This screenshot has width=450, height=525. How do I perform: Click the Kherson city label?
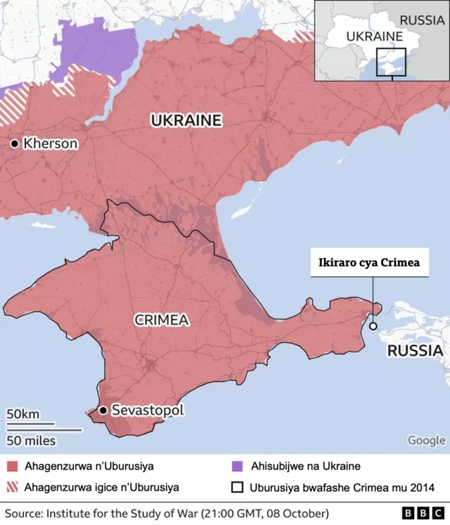pos(50,143)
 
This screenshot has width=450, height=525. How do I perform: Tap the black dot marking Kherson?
pos(14,143)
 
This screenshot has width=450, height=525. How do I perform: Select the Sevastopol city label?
pos(148,410)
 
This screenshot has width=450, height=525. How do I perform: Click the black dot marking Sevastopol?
pos(103,410)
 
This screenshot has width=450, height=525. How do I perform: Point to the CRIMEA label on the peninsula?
pos(162,320)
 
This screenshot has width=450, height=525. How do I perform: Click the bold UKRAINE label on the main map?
pos(186,120)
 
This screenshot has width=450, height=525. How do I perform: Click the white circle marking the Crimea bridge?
pos(373,326)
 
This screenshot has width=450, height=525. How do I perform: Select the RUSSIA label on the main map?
pos(416,350)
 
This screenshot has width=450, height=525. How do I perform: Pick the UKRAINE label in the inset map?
pos(374,37)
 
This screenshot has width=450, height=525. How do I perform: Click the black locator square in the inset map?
pos(391,61)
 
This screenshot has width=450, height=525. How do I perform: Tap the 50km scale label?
pos(23,414)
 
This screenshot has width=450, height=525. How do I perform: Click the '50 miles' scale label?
pos(31,441)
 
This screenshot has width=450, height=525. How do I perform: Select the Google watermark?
pos(426,440)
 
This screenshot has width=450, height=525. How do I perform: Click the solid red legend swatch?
pos(13,466)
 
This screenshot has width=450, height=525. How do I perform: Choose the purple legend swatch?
pos(237,466)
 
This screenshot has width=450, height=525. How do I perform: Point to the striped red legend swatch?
pos(13,487)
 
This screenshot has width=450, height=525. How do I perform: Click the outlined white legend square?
pos(237,487)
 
